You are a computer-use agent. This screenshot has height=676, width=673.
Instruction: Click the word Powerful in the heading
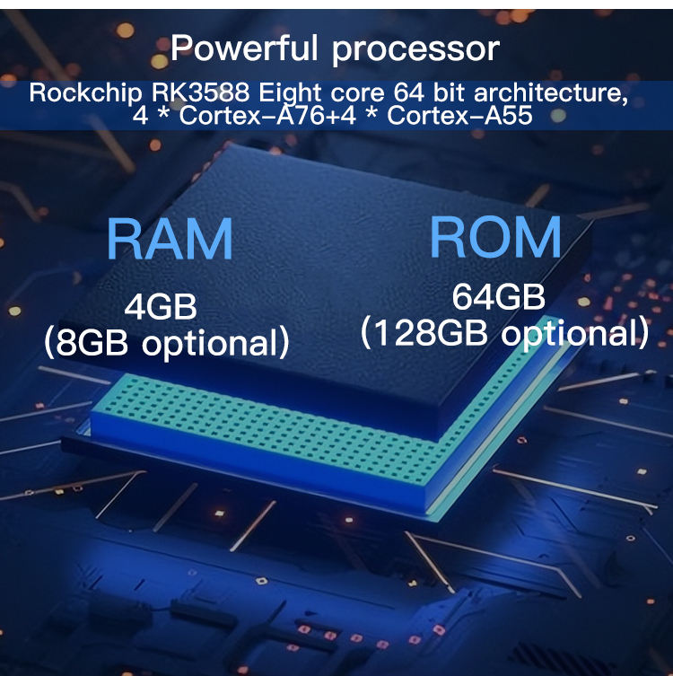(x=247, y=48)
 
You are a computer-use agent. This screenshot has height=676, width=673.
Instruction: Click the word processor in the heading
(x=415, y=49)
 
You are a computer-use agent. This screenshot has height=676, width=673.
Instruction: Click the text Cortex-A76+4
(x=286, y=116)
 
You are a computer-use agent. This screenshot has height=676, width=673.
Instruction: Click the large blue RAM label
(x=170, y=239)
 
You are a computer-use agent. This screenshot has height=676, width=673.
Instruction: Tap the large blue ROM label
(x=495, y=236)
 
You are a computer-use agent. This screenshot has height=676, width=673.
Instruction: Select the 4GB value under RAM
(x=161, y=307)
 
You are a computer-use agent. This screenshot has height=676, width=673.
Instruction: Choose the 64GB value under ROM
(x=499, y=297)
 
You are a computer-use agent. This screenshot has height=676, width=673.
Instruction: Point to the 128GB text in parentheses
(x=425, y=333)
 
